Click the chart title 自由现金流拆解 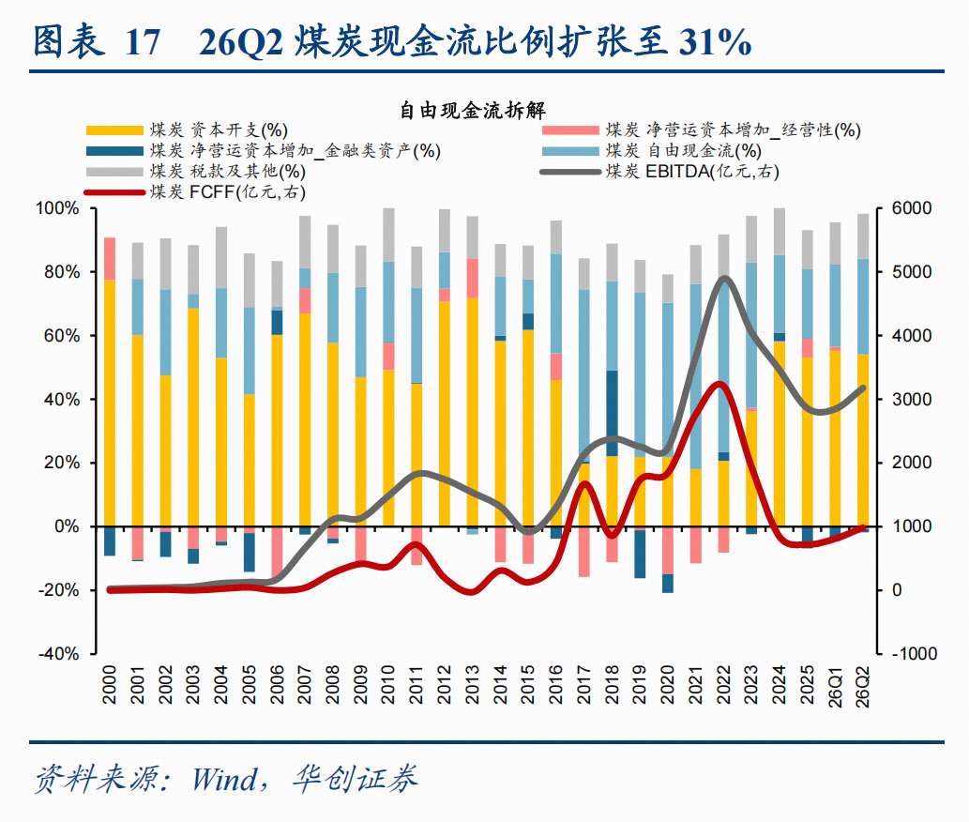pyautogui.click(x=473, y=110)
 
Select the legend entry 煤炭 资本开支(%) pyautogui.click(x=188, y=130)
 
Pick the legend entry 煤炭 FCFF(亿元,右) pyautogui.click(x=195, y=191)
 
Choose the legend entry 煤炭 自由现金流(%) pyautogui.click(x=652, y=151)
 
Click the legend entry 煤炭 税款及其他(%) pyautogui.click(x=196, y=171)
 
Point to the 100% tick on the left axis pyautogui.click(x=57, y=208)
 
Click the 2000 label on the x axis pyautogui.click(x=110, y=684)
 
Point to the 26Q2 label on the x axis pyautogui.click(x=863, y=686)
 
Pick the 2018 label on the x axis pyautogui.click(x=612, y=684)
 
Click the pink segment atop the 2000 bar pyautogui.click(x=110, y=258)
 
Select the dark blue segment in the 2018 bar pyautogui.click(x=612, y=413)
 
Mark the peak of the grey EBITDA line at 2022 pyautogui.click(x=724, y=279)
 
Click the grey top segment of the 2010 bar pyautogui.click(x=388, y=235)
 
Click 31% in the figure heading pyautogui.click(x=716, y=42)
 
